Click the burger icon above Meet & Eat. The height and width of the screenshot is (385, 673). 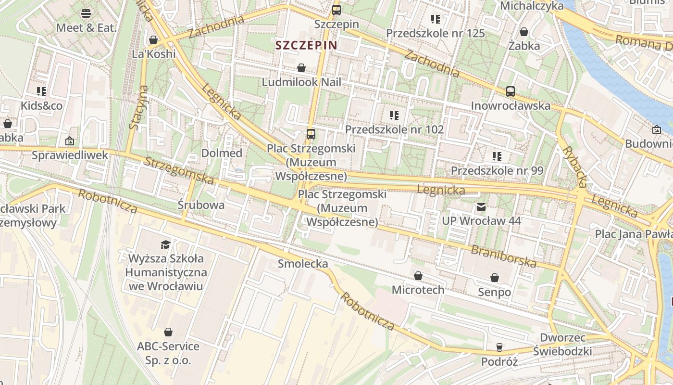[x=86, y=13]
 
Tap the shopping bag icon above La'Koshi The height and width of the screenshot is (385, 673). [x=153, y=39]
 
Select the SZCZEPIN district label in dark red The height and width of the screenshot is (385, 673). [x=306, y=45]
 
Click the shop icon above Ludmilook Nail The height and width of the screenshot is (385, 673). [x=301, y=68]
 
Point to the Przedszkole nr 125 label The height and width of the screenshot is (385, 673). [x=435, y=33]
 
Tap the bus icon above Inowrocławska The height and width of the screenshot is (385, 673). [x=511, y=91]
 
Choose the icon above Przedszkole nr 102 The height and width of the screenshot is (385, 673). [x=394, y=115]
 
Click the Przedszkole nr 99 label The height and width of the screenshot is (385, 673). [x=497, y=170]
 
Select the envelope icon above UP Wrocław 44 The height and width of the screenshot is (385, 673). [x=481, y=207]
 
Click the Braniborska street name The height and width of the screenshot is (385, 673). [x=503, y=257]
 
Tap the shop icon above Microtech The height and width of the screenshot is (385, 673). [x=418, y=276]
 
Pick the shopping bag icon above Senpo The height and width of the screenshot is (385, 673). [x=495, y=278]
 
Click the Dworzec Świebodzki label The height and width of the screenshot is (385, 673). [x=562, y=344]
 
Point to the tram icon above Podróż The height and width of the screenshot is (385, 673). [x=499, y=347]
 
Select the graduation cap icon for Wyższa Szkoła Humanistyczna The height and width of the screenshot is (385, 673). [x=165, y=244]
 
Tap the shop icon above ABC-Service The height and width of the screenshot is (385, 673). [x=168, y=332]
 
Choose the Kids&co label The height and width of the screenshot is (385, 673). [x=41, y=105]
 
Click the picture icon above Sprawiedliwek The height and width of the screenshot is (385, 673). [x=70, y=141]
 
